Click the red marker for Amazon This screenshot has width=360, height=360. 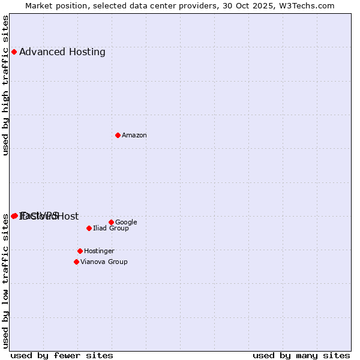[x=118, y=135]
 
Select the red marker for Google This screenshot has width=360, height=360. [x=111, y=222]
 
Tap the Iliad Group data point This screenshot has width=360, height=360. [x=89, y=228]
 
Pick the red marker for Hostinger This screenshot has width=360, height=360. [x=80, y=251]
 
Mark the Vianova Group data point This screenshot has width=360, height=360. [x=76, y=262]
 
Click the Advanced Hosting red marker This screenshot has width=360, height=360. [x=14, y=52]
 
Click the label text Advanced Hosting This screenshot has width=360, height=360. [x=62, y=52]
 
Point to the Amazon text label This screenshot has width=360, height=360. [x=134, y=136]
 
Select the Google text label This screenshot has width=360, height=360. [x=126, y=223]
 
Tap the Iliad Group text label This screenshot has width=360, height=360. [x=111, y=229]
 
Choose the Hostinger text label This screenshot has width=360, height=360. [x=99, y=251]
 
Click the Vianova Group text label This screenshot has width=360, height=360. [x=104, y=262]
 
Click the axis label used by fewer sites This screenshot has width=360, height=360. [x=62, y=355]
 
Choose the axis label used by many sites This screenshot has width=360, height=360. [x=301, y=355]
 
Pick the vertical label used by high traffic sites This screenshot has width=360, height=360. [x=5, y=86]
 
